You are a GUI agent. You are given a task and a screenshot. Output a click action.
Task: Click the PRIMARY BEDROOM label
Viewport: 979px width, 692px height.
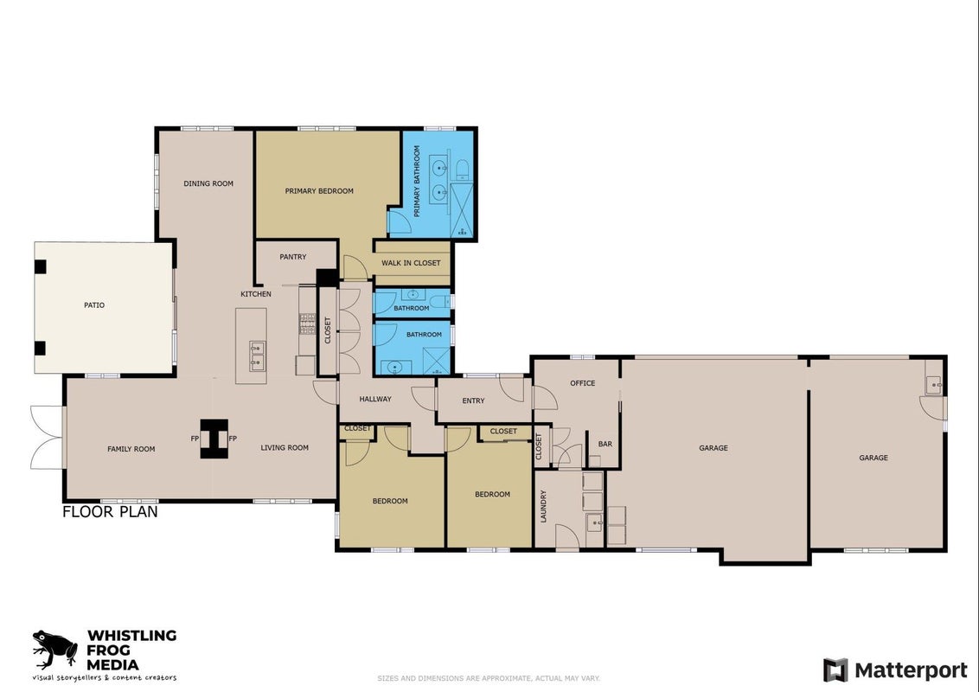[319, 191]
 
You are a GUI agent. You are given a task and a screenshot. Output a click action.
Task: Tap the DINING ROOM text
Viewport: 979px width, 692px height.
[208, 183]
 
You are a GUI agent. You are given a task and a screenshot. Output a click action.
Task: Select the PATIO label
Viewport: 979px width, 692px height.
[94, 305]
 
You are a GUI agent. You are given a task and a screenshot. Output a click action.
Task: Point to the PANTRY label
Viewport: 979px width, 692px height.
[293, 257]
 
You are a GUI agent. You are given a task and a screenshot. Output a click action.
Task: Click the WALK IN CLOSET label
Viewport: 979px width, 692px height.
[411, 263]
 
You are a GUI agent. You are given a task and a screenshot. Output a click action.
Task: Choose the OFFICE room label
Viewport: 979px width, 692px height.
[583, 383]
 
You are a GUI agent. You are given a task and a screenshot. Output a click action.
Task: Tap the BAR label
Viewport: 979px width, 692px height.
[605, 444]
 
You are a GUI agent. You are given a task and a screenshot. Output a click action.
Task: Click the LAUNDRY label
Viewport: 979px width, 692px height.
[543, 506]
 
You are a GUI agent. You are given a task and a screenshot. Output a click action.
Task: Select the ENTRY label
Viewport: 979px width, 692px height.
[473, 401]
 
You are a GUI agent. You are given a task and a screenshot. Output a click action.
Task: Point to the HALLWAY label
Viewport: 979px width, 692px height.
[375, 399]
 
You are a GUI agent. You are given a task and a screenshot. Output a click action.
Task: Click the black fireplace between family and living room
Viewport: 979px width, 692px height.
[214, 439]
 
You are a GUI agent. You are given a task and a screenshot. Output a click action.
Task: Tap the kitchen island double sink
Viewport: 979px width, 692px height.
[257, 356]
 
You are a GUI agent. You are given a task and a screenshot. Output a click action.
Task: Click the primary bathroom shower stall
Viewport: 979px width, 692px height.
[462, 211]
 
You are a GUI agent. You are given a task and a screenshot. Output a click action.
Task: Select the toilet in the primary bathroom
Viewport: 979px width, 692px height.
[462, 169]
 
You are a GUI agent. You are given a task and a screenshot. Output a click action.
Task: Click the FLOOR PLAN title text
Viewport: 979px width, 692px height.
[110, 512]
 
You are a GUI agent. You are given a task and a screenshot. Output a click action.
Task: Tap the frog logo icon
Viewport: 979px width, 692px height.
[55, 649]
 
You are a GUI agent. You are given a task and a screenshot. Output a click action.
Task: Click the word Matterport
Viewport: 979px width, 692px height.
[911, 670]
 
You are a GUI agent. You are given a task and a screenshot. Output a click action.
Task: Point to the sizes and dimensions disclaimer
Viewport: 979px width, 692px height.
[489, 678]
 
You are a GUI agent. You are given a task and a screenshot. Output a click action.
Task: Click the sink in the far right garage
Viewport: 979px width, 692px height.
[933, 385]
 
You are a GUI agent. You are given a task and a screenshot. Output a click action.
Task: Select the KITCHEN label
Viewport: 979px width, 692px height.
[256, 294]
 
